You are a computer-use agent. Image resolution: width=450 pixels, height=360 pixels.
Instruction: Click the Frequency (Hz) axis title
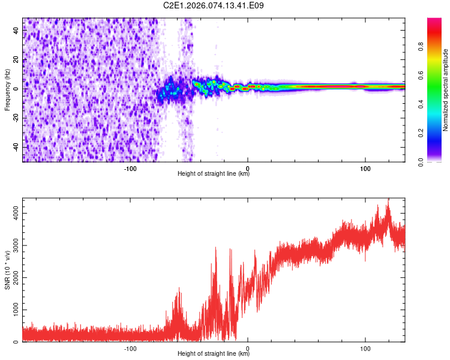point(7,90)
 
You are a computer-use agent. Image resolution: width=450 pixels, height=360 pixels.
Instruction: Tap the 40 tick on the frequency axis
point(16,31)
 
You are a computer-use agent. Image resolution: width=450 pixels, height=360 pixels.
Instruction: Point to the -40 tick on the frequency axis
point(16,147)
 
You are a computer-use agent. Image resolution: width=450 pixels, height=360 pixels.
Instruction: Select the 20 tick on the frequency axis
point(16,59)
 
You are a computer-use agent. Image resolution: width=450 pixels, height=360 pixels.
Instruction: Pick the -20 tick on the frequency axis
point(16,118)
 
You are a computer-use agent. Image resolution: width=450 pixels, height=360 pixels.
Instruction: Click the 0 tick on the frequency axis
point(16,89)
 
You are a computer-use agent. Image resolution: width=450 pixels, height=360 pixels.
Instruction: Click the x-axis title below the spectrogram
point(214,174)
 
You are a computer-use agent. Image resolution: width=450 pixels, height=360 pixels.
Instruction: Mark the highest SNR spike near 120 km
point(388,200)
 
